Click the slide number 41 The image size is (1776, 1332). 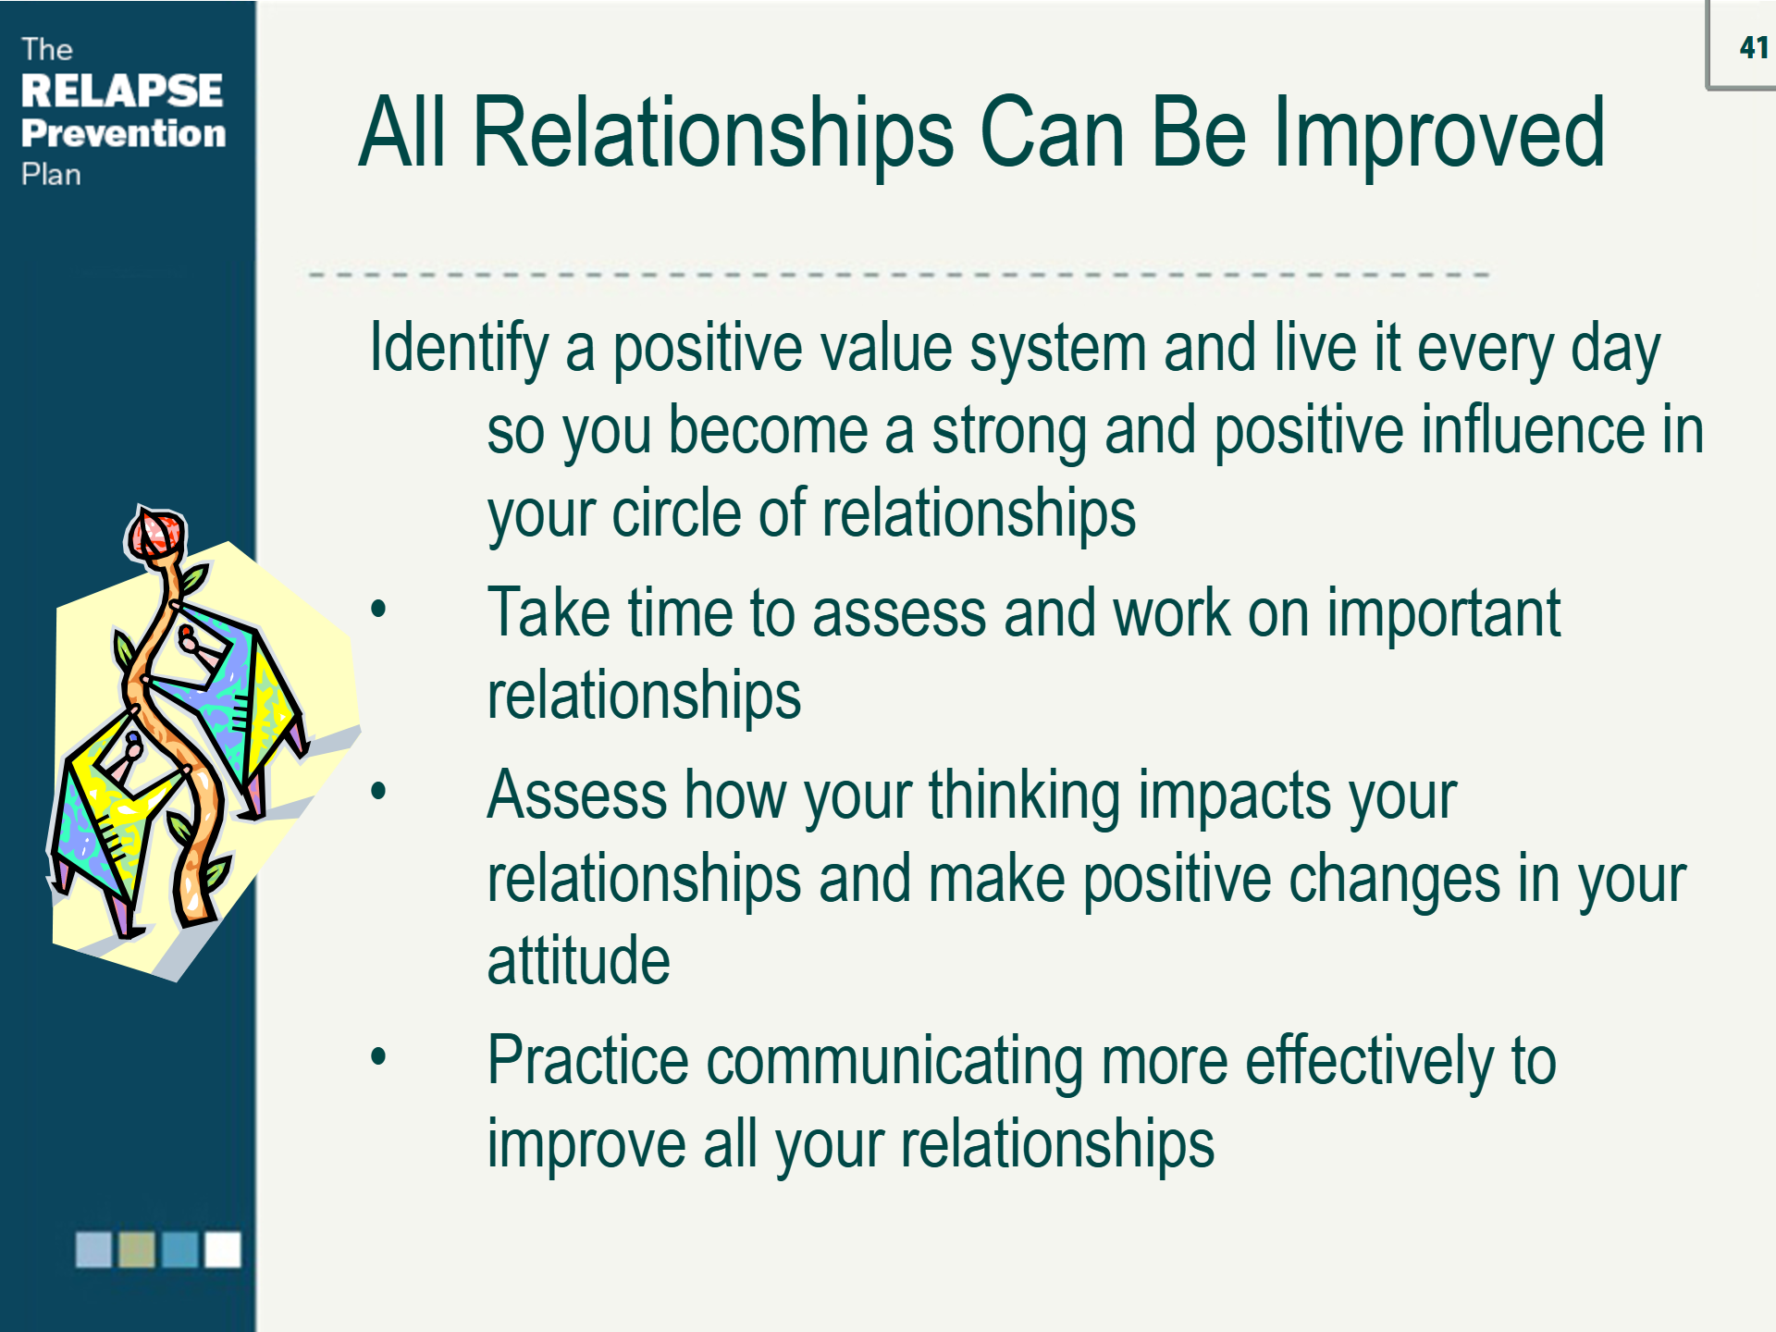click(x=1754, y=47)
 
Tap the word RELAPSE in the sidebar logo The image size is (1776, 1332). click(x=122, y=91)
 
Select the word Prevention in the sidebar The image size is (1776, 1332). click(x=124, y=133)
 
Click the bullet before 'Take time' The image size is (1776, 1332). click(x=377, y=610)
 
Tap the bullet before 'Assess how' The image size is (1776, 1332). click(x=377, y=792)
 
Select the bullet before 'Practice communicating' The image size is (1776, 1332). click(x=377, y=1057)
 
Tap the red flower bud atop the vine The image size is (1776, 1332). click(x=155, y=534)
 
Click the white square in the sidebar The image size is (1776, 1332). click(x=223, y=1250)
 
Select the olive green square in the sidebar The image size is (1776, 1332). click(x=137, y=1250)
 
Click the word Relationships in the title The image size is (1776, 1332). click(x=712, y=134)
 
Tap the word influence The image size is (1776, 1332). click(x=1536, y=430)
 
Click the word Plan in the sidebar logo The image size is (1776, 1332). click(x=51, y=175)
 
